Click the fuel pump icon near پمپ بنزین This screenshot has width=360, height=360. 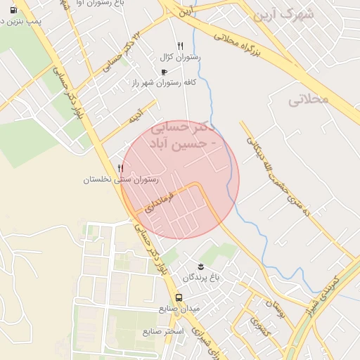(x=14, y=10)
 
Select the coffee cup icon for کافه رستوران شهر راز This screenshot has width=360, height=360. (x=164, y=72)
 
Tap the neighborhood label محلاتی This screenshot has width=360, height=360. (x=308, y=99)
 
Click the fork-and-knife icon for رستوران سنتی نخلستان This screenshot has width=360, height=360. (x=121, y=169)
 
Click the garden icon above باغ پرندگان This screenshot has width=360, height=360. (x=202, y=265)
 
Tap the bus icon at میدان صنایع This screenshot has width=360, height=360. (x=179, y=297)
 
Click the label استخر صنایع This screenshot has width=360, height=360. (x=162, y=330)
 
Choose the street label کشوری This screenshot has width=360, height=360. (x=257, y=325)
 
